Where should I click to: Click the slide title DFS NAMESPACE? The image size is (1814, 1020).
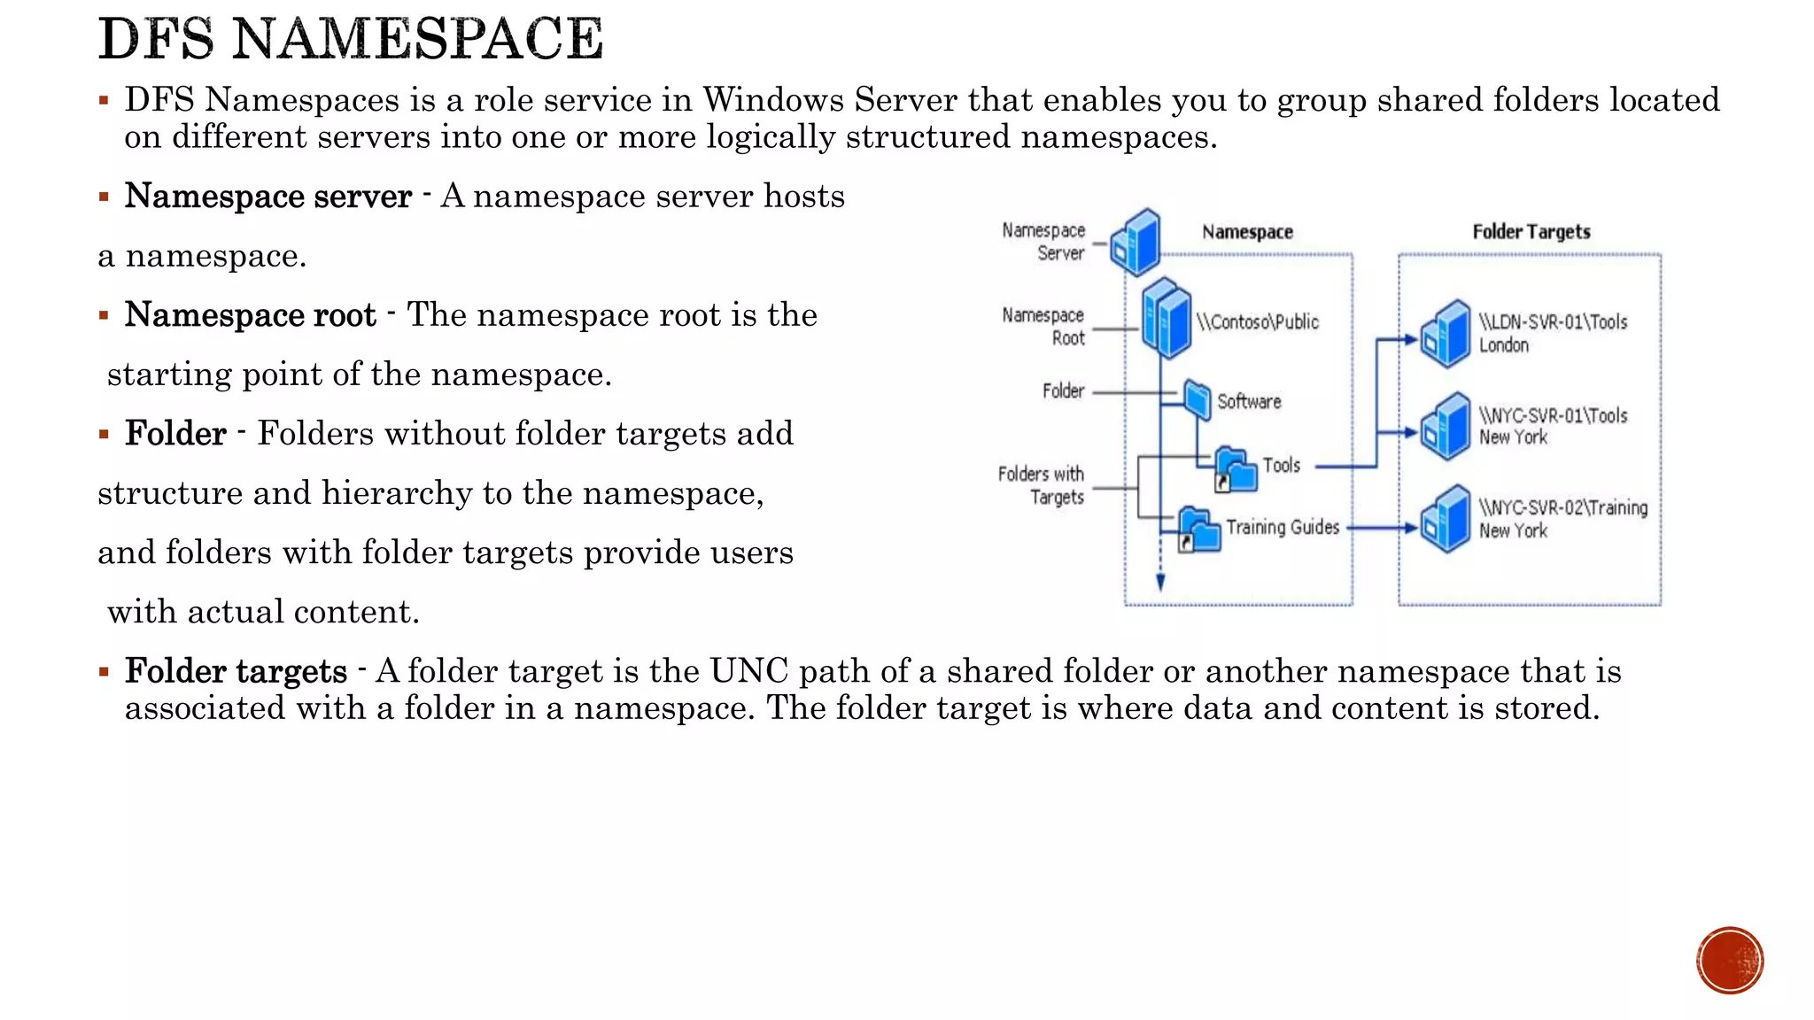(x=351, y=40)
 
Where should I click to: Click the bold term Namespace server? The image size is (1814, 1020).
(x=267, y=197)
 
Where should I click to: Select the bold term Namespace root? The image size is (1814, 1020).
(x=251, y=315)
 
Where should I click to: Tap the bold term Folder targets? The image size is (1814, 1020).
(x=236, y=671)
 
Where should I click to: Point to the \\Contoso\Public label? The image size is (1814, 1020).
(x=1258, y=322)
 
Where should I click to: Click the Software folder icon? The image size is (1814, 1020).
(x=1198, y=399)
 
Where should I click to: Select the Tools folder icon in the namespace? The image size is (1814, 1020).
(x=1236, y=469)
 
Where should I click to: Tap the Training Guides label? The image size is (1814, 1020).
(x=1283, y=528)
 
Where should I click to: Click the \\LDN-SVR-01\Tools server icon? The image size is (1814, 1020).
(x=1446, y=334)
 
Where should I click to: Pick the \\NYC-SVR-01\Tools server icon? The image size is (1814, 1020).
(x=1446, y=427)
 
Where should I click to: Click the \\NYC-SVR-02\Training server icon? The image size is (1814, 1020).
(x=1446, y=520)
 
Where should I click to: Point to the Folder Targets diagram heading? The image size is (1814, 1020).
(x=1531, y=232)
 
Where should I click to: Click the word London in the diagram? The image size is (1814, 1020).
(x=1504, y=345)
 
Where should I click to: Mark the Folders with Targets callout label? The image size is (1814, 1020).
(x=1042, y=485)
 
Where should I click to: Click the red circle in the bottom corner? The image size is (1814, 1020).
(x=1730, y=961)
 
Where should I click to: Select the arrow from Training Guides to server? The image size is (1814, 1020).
(x=1382, y=529)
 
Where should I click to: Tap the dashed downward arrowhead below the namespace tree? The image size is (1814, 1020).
(x=1160, y=582)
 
